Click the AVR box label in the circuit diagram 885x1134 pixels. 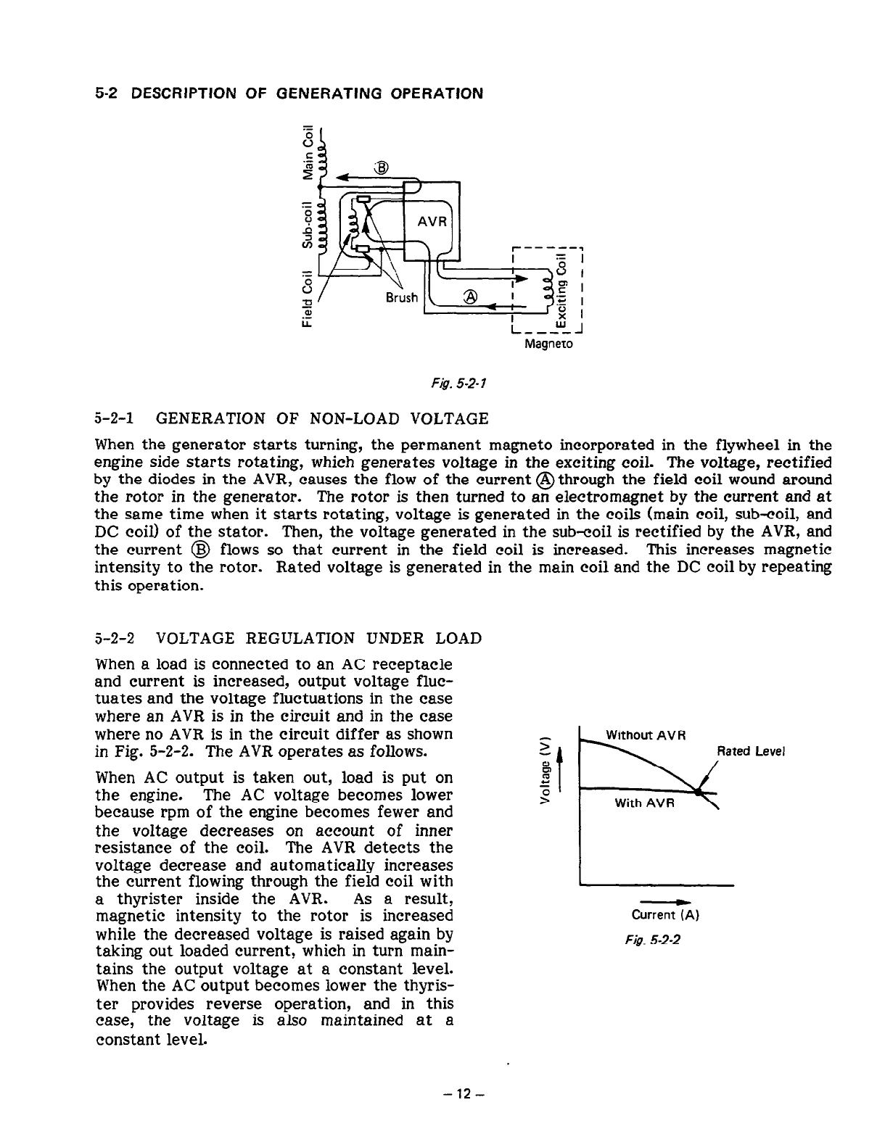432,221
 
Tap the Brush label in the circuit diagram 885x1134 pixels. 401,297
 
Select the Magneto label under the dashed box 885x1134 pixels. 548,343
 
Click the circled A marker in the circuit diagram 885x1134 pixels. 471,297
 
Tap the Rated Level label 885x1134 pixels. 752,751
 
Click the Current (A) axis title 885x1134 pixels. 664,915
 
